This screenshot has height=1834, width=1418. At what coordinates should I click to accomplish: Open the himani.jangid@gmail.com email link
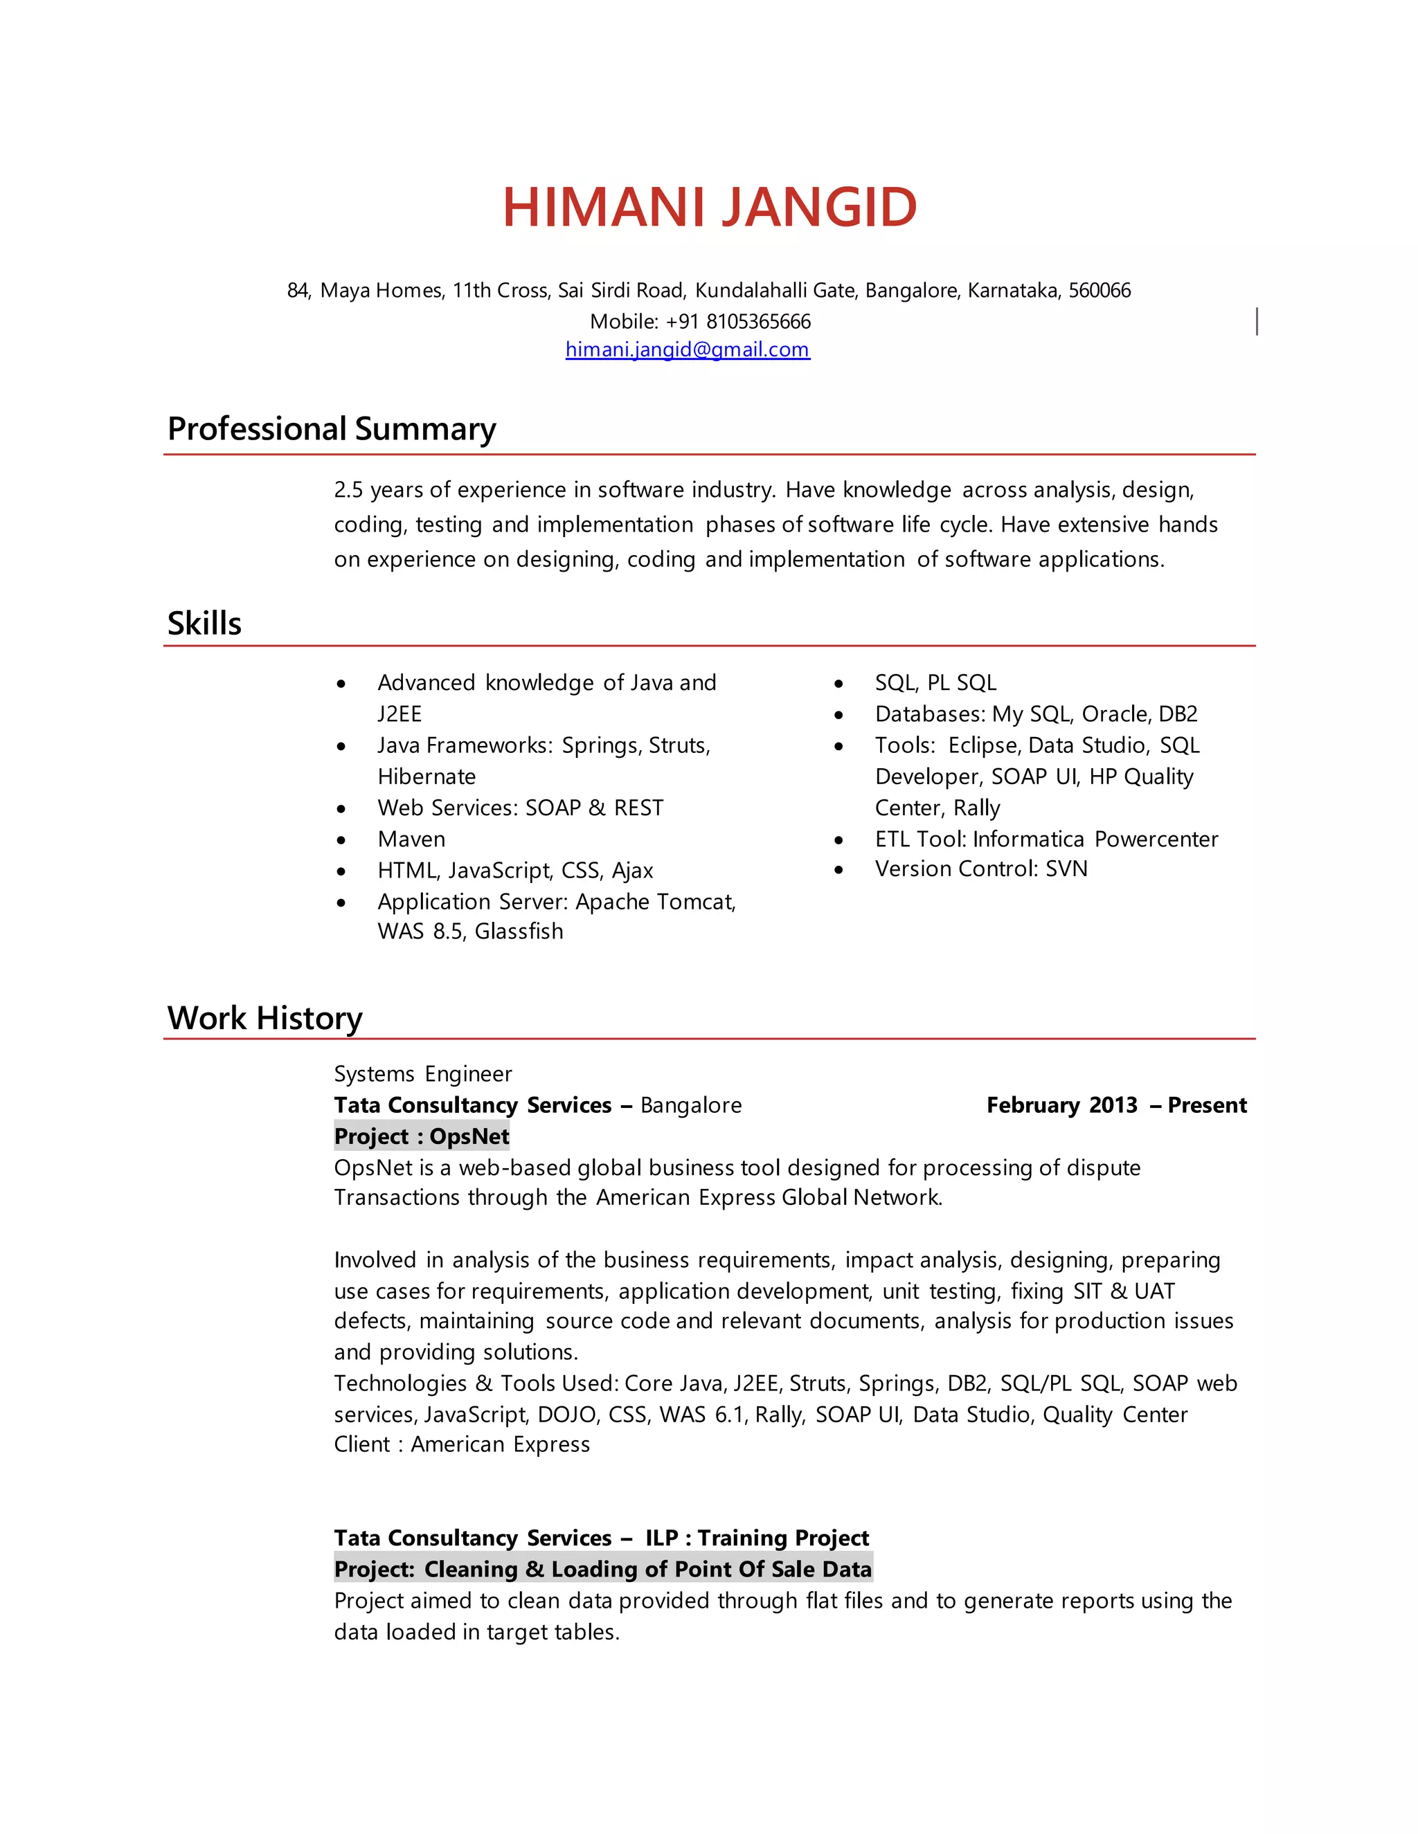click(x=687, y=349)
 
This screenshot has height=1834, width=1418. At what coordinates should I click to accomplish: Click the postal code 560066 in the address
click(x=1099, y=291)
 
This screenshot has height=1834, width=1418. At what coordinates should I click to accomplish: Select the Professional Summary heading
click(x=331, y=428)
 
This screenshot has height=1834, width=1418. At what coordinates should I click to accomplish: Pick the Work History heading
click(x=264, y=1018)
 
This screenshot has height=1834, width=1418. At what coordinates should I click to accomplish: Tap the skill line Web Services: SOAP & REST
click(x=520, y=808)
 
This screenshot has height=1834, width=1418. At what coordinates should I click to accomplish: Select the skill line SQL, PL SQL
click(x=935, y=682)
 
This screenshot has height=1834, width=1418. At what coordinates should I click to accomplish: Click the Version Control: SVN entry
click(x=980, y=869)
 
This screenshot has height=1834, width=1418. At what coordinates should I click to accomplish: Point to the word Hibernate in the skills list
click(x=427, y=777)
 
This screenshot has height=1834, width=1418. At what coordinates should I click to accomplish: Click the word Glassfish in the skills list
click(x=519, y=932)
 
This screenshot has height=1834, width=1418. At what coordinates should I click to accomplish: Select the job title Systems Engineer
click(x=422, y=1074)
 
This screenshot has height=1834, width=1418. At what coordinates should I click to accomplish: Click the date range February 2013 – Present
click(x=1115, y=1105)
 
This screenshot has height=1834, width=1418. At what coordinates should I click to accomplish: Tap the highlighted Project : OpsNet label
click(x=421, y=1136)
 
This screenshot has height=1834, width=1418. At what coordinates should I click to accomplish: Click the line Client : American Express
click(x=461, y=1444)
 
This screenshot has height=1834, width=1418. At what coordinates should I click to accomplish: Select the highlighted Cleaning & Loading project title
click(x=602, y=1569)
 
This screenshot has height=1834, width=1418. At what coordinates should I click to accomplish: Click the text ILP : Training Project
click(x=756, y=1538)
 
